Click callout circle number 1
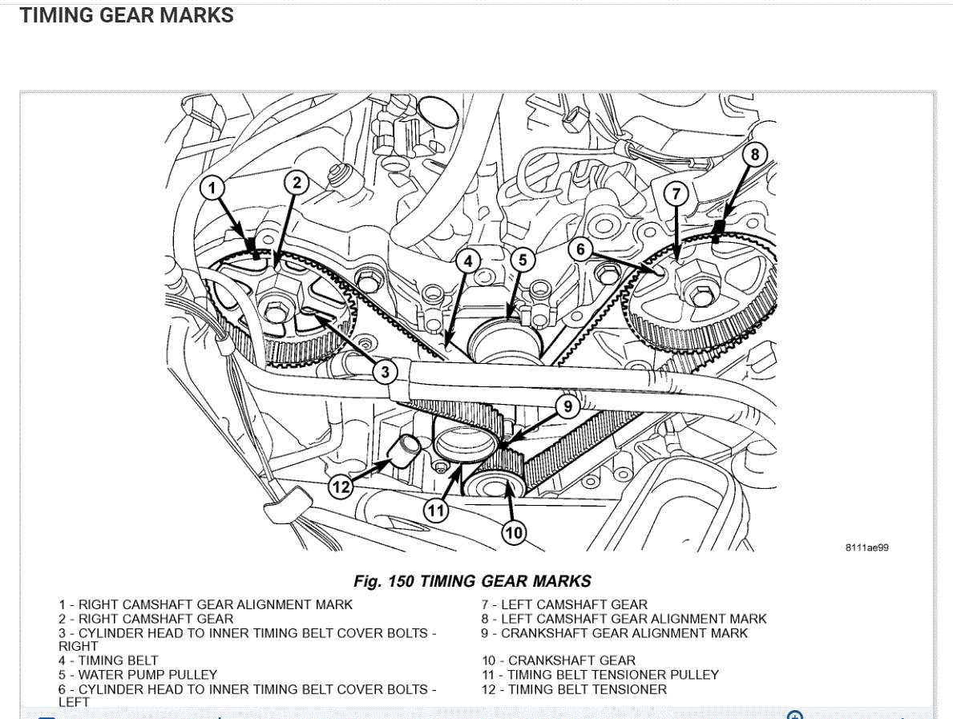pyautogui.click(x=212, y=189)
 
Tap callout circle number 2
pyautogui.click(x=297, y=184)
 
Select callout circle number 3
pyautogui.click(x=386, y=371)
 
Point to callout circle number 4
pyautogui.click(x=467, y=261)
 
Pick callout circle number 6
pyautogui.click(x=582, y=250)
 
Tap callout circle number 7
pyautogui.click(x=676, y=193)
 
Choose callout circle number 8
pyautogui.click(x=754, y=154)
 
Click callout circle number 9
pyautogui.click(x=567, y=406)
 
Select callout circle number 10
pyautogui.click(x=513, y=531)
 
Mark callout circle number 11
pyautogui.click(x=435, y=510)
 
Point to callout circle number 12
pyautogui.click(x=341, y=486)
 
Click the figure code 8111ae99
pyautogui.click(x=866, y=548)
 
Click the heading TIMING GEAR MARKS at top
pyautogui.click(x=127, y=16)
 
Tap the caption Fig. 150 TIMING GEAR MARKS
pyautogui.click(x=472, y=581)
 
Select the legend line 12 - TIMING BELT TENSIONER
pyautogui.click(x=574, y=689)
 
